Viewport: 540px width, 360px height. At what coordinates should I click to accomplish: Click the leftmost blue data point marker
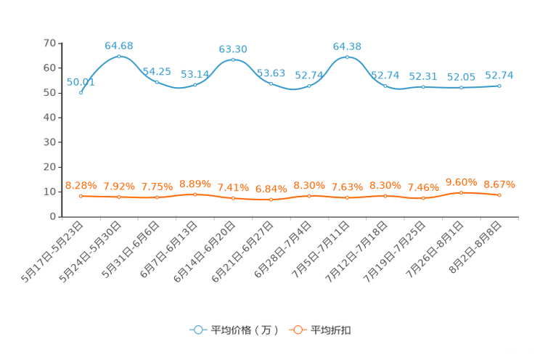[81, 93]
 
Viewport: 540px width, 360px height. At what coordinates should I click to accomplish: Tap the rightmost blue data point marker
[499, 85]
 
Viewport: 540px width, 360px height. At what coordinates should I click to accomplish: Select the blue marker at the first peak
[119, 56]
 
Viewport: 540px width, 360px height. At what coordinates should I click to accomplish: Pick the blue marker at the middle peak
[233, 59]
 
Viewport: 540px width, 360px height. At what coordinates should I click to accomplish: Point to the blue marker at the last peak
[347, 57]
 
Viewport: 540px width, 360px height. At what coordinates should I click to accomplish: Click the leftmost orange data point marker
[81, 196]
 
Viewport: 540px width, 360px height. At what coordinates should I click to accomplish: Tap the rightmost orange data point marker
[499, 195]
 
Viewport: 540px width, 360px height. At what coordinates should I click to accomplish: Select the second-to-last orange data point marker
[461, 192]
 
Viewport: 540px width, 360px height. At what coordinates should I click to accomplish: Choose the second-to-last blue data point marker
[461, 87]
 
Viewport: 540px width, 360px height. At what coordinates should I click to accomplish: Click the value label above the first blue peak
[119, 46]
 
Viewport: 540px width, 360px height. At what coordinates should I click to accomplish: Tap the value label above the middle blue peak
[233, 49]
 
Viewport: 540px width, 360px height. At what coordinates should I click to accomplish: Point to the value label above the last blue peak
[347, 46]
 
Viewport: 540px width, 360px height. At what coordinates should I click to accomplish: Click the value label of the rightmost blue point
[499, 75]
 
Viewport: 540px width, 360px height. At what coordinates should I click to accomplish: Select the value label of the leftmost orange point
[81, 186]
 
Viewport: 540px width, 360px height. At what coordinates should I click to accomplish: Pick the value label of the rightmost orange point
[499, 184]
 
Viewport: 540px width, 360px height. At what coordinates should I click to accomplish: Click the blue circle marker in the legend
[197, 330]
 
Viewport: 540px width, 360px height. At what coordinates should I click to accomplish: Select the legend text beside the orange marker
[331, 330]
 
